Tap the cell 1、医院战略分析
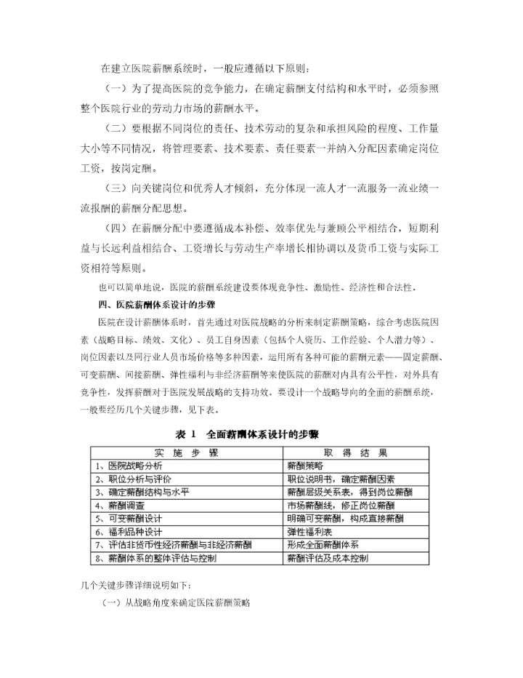131,466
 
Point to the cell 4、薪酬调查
120,505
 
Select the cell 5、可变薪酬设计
128,518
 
